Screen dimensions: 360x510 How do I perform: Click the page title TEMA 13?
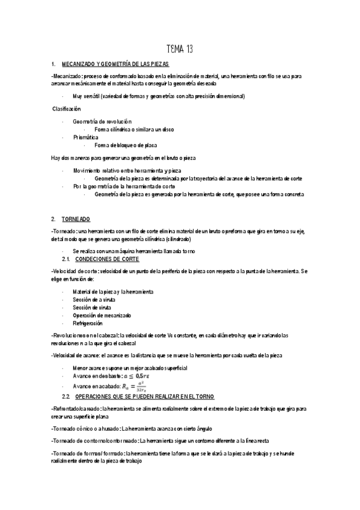tap(180, 49)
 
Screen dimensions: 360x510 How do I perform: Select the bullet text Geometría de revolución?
tap(102, 121)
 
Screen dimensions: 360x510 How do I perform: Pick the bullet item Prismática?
tap(86, 137)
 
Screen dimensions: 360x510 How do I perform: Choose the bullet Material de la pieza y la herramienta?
tap(113, 291)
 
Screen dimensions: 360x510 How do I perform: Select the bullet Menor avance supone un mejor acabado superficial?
tap(130, 367)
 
